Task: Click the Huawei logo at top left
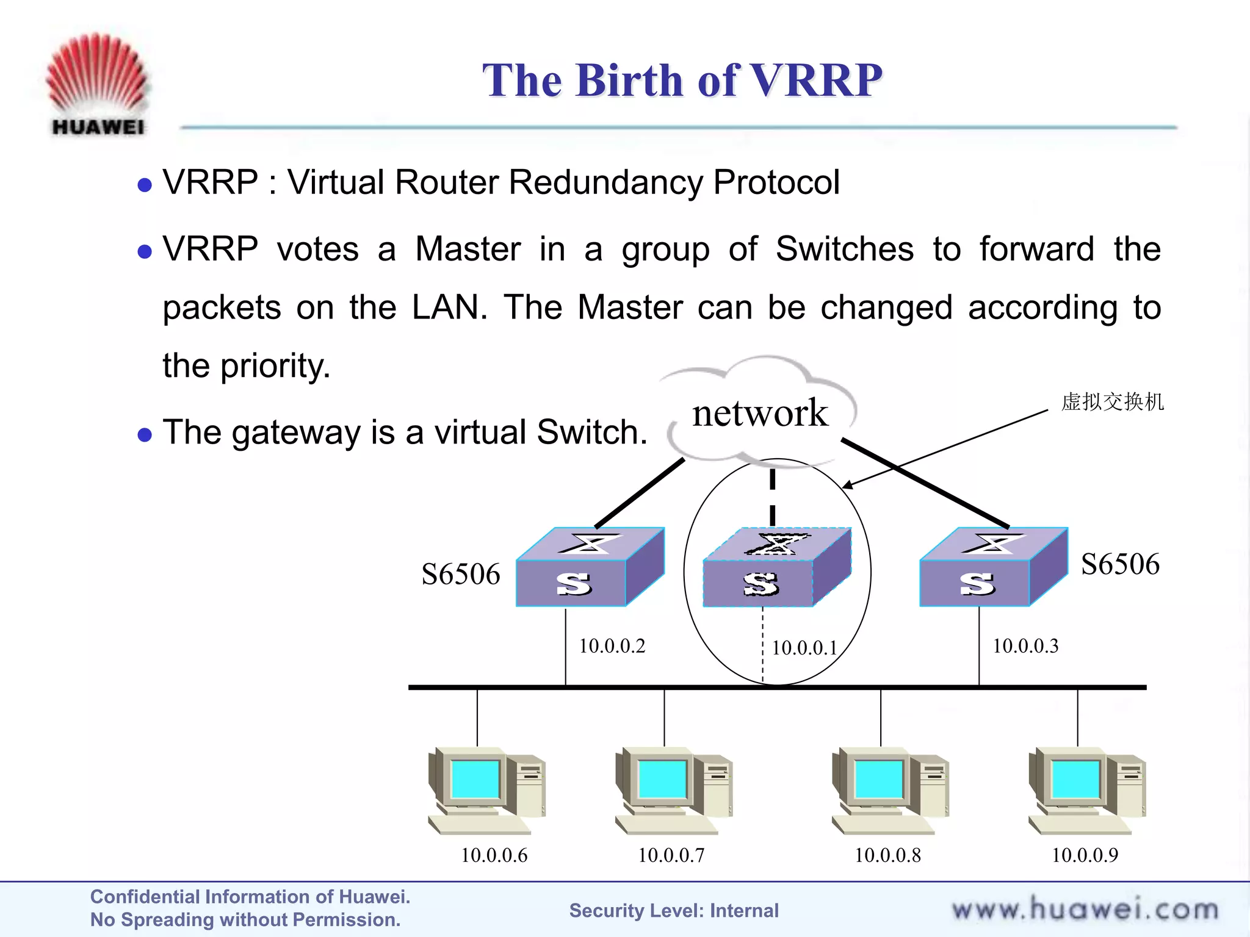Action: tap(98, 82)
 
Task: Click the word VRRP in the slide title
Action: tap(815, 81)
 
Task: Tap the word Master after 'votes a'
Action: tap(468, 249)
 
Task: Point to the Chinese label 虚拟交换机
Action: tap(1112, 402)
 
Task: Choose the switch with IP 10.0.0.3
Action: tap(992, 567)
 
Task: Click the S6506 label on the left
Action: tap(461, 574)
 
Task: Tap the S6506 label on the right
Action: tap(1120, 564)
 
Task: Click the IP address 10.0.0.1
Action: tap(804, 648)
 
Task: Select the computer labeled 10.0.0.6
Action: tap(486, 790)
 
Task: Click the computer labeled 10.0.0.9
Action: tap(1086, 790)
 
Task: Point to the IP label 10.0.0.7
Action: tap(671, 855)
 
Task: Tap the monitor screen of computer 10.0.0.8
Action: tap(878, 779)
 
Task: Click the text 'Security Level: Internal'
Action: tap(674, 911)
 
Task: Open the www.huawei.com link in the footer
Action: tap(1085, 910)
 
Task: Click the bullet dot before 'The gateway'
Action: tap(145, 434)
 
